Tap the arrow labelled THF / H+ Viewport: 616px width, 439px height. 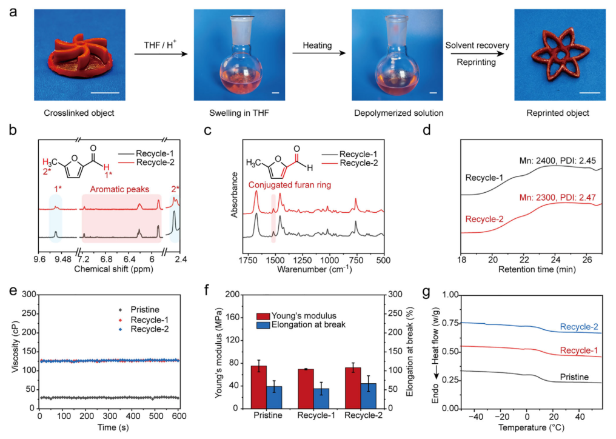click(x=161, y=53)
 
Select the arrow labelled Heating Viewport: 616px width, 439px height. click(x=319, y=53)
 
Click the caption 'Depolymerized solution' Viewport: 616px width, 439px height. click(x=398, y=113)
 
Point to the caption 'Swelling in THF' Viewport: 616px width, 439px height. click(x=239, y=113)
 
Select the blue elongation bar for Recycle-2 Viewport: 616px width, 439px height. click(x=368, y=396)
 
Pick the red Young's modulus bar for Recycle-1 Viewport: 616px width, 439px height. click(x=306, y=389)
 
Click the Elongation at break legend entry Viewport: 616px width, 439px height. click(x=301, y=324)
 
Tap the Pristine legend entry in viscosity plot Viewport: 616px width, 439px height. click(x=140, y=310)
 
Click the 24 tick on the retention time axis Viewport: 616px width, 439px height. click(x=555, y=260)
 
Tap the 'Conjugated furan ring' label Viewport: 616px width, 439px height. click(x=290, y=185)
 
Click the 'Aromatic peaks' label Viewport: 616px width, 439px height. click(x=119, y=189)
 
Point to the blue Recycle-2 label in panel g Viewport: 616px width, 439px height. click(x=579, y=327)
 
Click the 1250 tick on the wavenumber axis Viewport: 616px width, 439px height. click(x=303, y=260)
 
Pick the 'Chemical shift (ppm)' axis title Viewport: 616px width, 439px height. click(x=113, y=269)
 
